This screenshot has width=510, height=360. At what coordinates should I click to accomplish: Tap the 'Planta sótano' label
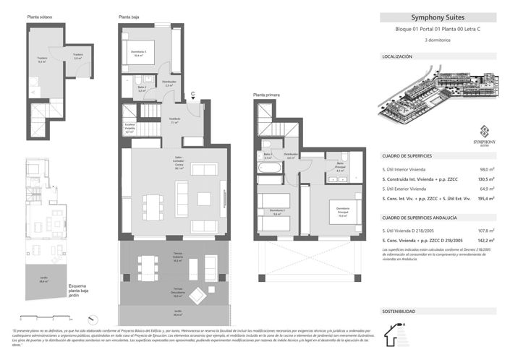[41, 16]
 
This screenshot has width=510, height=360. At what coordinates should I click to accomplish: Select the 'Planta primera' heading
[266, 95]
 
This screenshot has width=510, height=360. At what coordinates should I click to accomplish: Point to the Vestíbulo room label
[174, 121]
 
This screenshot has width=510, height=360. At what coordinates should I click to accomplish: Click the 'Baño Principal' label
[339, 169]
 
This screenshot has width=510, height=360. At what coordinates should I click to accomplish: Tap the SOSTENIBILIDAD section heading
[399, 311]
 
